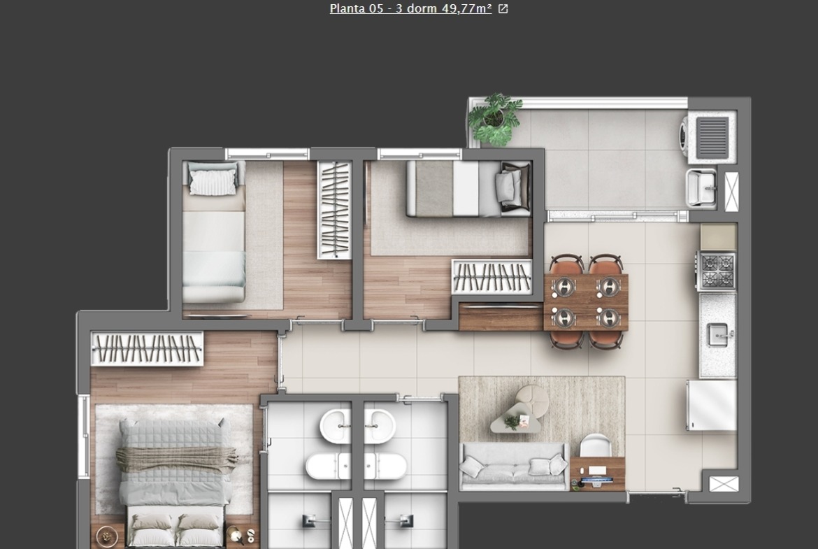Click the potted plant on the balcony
pos(494,119)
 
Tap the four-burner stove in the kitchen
pos(717,271)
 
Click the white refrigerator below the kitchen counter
pos(711,405)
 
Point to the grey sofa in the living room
pos(513,466)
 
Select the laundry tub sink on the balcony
pos(701,187)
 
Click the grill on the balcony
pos(712,137)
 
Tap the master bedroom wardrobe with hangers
pos(147,348)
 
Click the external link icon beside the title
pos(503,9)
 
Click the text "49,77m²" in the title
pos(466,8)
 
